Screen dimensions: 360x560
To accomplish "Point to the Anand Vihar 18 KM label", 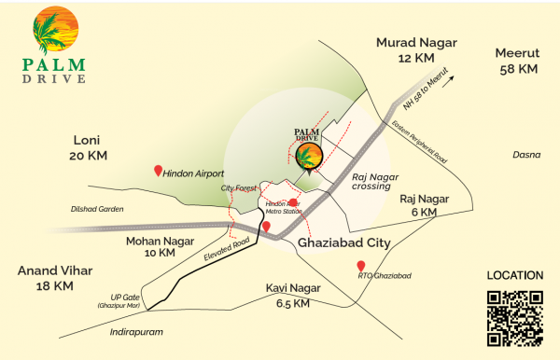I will click(56, 278).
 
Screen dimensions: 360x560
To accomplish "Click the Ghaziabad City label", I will click(341, 243).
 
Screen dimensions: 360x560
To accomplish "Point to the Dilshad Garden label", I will click(97, 208).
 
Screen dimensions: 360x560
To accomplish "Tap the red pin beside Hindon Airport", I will click(158, 172).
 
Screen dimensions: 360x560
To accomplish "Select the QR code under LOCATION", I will click(515, 318).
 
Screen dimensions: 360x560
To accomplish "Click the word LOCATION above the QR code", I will click(515, 276).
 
